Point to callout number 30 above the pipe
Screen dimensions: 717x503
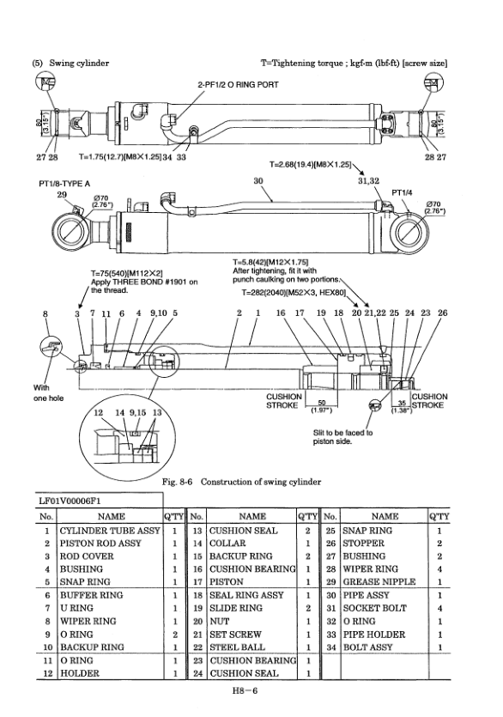pos(257,181)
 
